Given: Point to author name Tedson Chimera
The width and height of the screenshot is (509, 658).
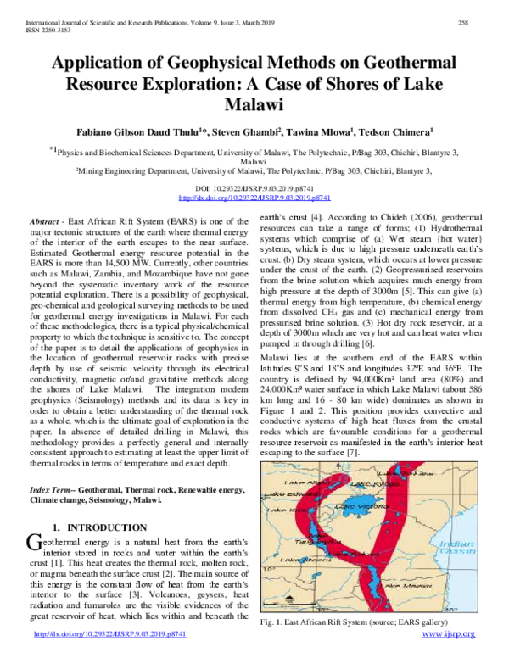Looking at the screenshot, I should pos(400,132).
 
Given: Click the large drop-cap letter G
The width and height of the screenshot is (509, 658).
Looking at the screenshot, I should pos(36,544).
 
